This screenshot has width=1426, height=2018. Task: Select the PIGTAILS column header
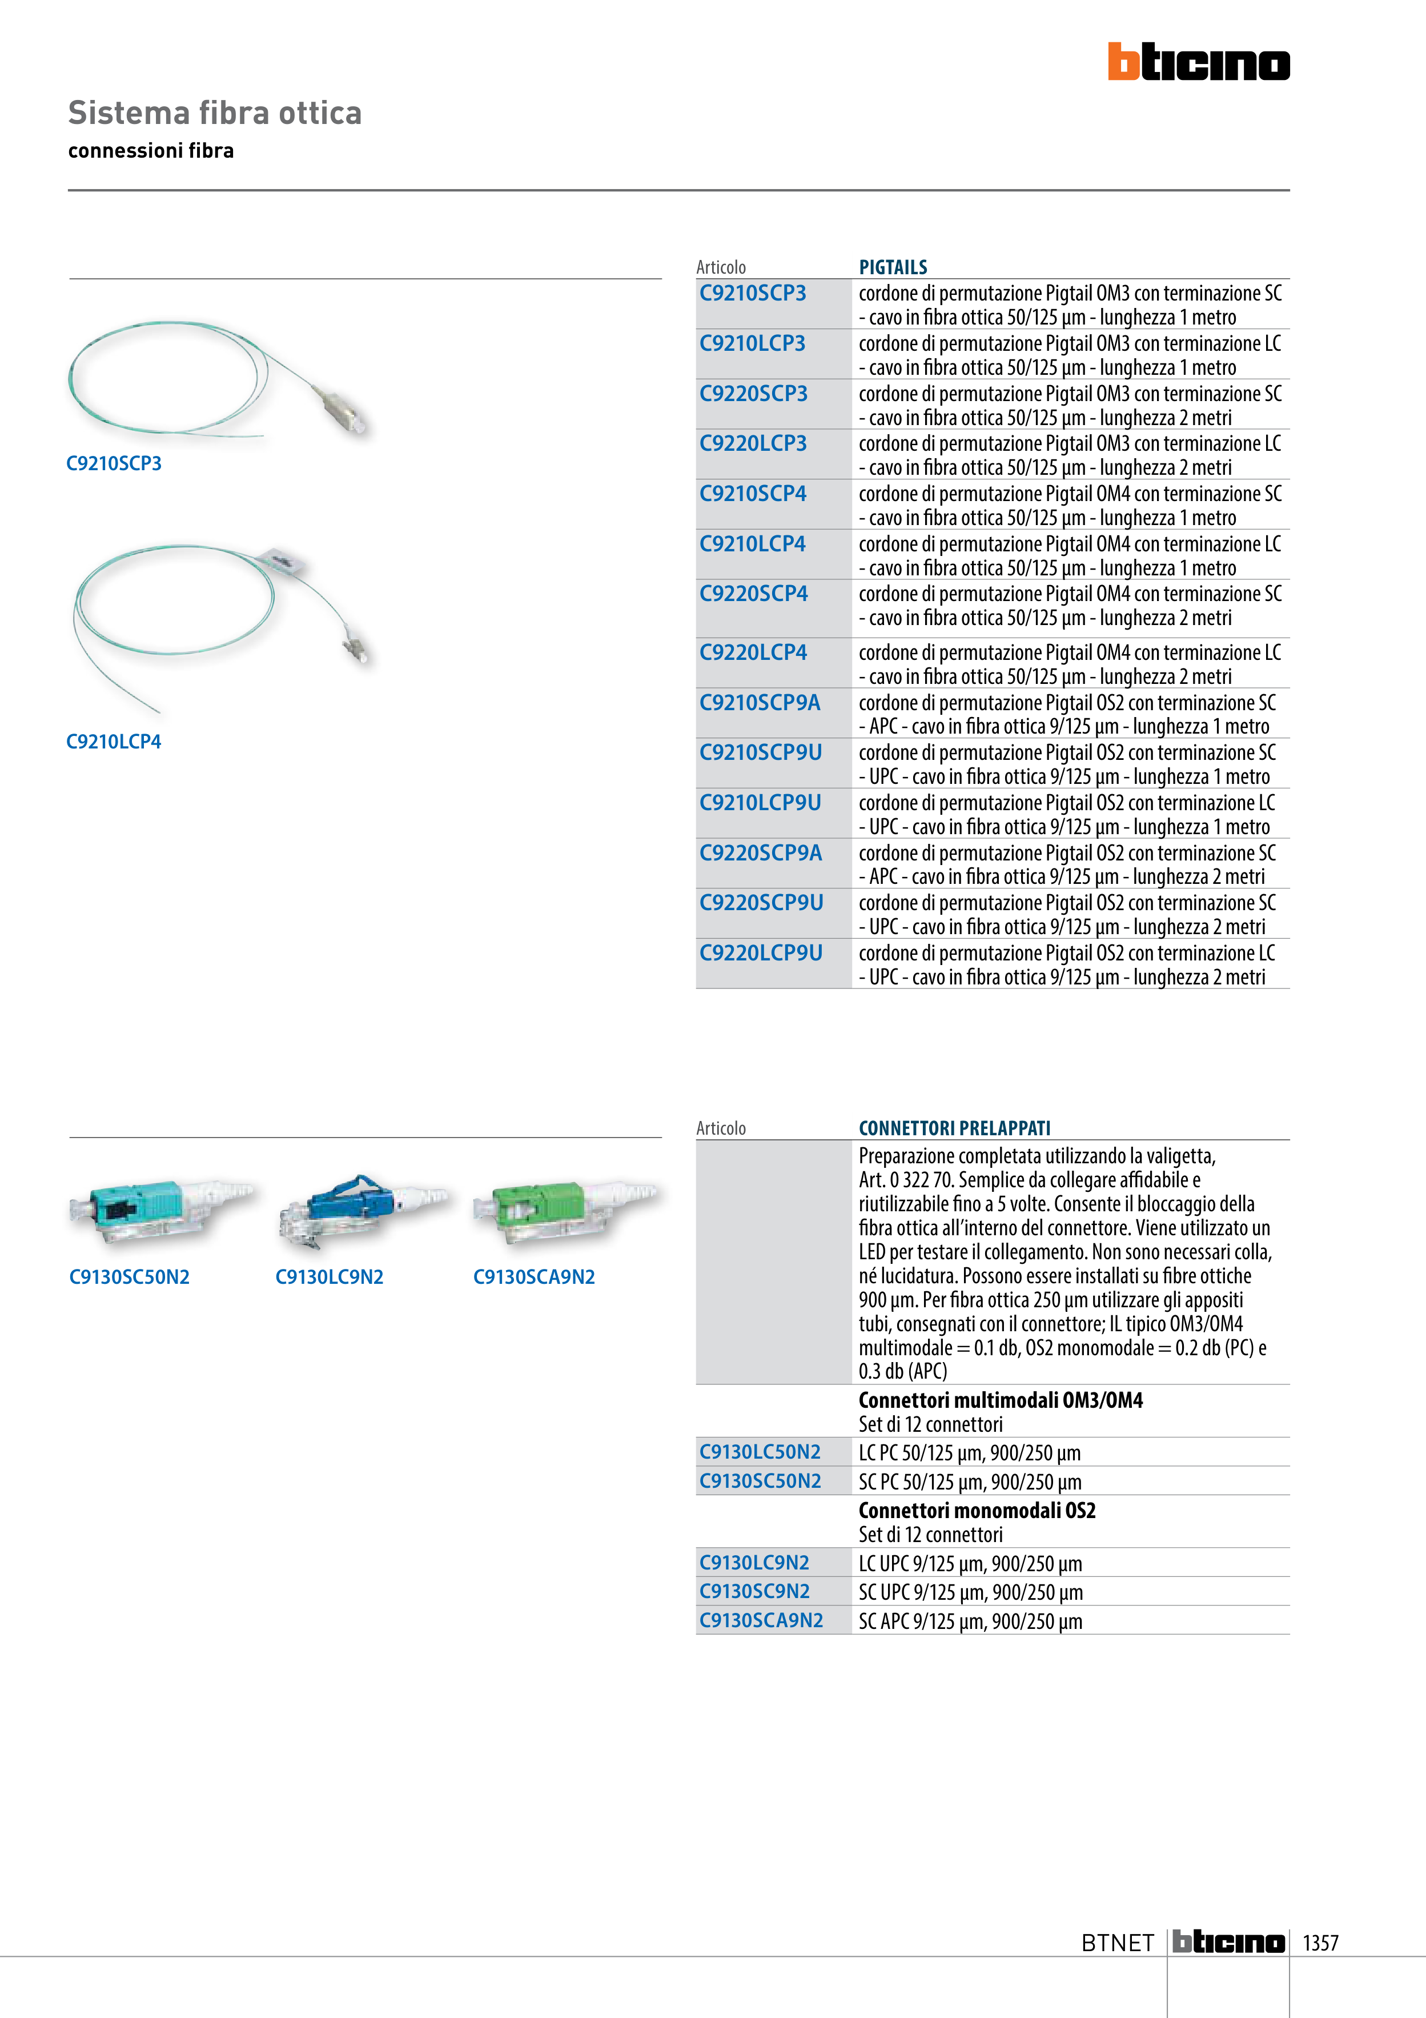pos(893,267)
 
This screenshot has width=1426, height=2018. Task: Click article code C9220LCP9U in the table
pos(761,954)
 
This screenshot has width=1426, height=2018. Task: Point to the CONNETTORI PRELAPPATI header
pos(954,1128)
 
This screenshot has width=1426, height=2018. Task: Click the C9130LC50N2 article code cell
pos(760,1452)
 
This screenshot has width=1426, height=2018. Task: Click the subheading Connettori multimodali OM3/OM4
pos(1001,1400)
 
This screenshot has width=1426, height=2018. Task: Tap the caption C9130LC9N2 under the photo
pos(330,1277)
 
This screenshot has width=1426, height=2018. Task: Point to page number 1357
pos(1320,1943)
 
